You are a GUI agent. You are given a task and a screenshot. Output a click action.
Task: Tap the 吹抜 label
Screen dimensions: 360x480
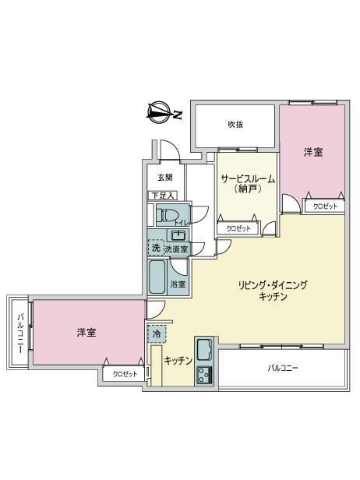(x=235, y=125)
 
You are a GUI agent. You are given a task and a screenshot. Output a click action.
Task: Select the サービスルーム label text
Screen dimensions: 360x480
(x=248, y=178)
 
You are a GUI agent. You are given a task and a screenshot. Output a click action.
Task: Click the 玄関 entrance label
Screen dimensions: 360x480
(x=165, y=177)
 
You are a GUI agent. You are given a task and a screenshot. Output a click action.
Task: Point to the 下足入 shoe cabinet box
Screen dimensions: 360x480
(x=163, y=196)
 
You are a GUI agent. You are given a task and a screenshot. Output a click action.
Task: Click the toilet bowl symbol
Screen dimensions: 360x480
(x=167, y=215)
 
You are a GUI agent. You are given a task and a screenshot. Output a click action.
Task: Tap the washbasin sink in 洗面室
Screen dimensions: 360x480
(x=178, y=235)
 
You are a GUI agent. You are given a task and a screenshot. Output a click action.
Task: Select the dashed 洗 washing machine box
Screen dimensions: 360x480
(x=156, y=247)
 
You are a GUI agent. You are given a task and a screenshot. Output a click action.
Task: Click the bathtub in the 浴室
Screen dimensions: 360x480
(x=157, y=277)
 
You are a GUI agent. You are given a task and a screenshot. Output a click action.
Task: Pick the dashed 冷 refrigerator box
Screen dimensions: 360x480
(x=157, y=334)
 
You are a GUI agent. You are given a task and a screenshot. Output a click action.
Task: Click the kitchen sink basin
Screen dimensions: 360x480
(x=205, y=350)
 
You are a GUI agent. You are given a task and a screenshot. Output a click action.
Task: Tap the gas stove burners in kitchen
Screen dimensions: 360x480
(x=205, y=375)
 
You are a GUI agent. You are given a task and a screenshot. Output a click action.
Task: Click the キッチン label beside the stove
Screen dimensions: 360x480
(x=178, y=361)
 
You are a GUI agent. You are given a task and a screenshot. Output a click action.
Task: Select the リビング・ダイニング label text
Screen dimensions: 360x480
(x=273, y=285)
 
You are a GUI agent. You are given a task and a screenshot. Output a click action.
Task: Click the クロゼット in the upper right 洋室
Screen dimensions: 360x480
(x=325, y=206)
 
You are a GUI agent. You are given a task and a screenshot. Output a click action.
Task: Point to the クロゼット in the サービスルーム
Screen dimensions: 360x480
(x=238, y=228)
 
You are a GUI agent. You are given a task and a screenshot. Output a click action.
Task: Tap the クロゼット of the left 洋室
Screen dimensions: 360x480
(x=124, y=374)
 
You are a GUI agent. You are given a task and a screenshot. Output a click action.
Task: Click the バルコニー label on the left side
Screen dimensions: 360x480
(x=20, y=333)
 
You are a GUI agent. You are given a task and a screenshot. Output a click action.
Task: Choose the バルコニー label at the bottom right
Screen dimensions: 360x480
(x=283, y=368)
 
